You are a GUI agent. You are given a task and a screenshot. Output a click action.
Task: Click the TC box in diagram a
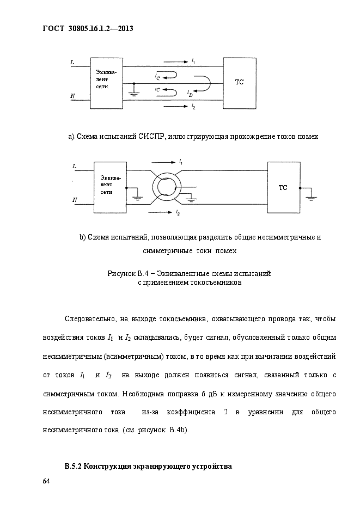(x=239, y=83)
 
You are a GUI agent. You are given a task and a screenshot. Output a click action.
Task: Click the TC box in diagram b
(x=283, y=188)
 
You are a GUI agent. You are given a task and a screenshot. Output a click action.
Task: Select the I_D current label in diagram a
(x=190, y=94)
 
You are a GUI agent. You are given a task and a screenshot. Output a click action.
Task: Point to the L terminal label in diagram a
(x=72, y=62)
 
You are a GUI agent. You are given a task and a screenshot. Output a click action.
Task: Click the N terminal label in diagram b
(x=75, y=200)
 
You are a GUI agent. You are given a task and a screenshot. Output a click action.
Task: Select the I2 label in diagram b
(x=178, y=213)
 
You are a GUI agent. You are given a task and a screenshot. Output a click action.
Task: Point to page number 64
(x=46, y=481)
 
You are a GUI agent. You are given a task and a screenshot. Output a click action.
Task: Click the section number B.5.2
(x=74, y=467)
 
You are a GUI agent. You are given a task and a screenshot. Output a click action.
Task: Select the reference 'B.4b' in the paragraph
(x=178, y=431)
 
